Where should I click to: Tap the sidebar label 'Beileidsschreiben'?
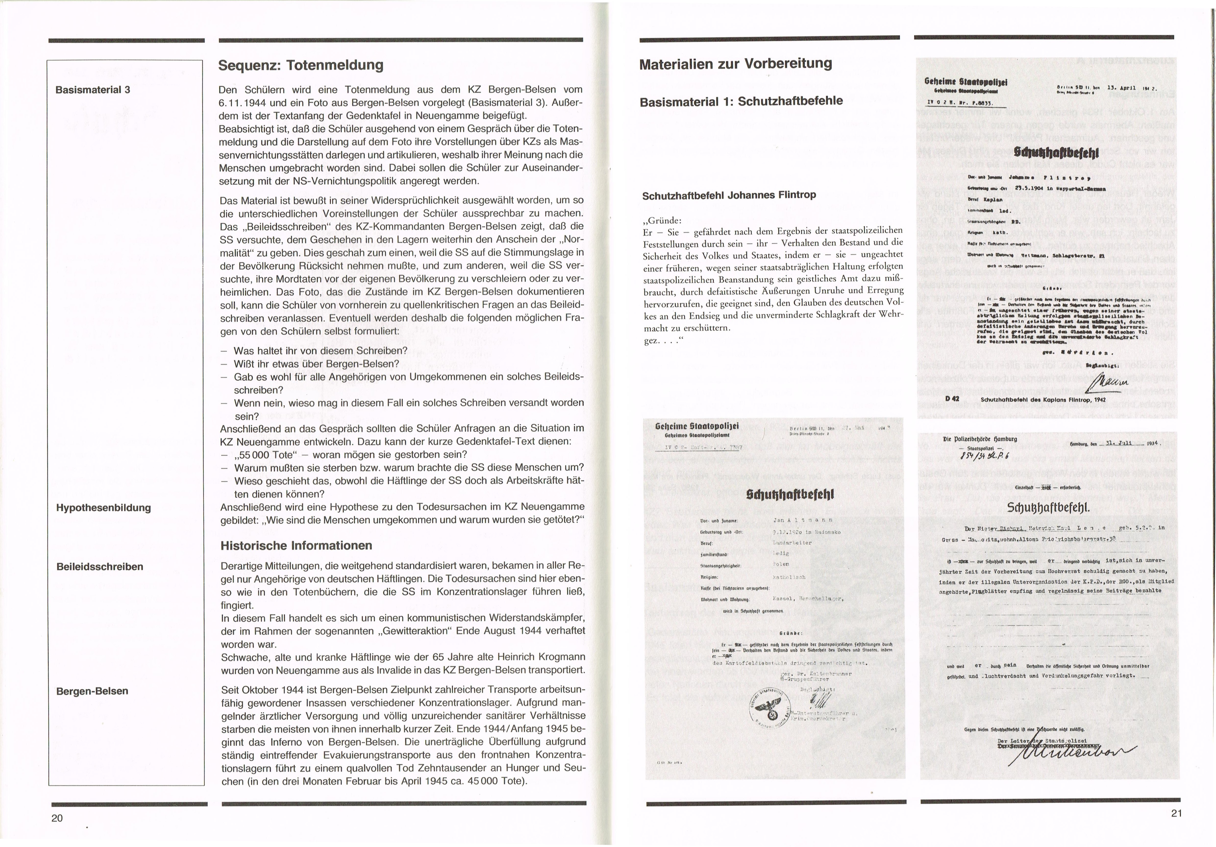[x=99, y=566]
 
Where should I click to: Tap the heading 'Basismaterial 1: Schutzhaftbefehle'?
[x=741, y=101]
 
